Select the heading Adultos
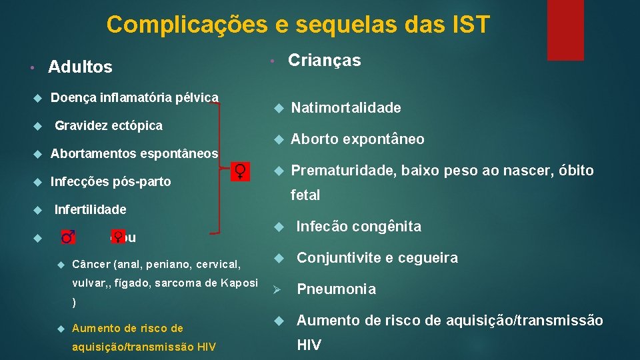pyautogui.click(x=80, y=67)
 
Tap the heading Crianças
pyautogui.click(x=324, y=61)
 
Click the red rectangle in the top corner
pyautogui.click(x=565, y=30)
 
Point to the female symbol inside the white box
pyautogui.click(x=241, y=171)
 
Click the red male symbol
pyautogui.click(x=67, y=237)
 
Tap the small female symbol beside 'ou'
pyautogui.click(x=117, y=236)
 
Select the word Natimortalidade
pyautogui.click(x=346, y=108)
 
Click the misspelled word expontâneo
pyautogui.click(x=385, y=139)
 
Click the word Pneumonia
pyautogui.click(x=336, y=289)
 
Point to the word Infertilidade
pyautogui.click(x=90, y=209)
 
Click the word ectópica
pyautogui.click(x=138, y=125)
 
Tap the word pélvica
pyautogui.click(x=197, y=97)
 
